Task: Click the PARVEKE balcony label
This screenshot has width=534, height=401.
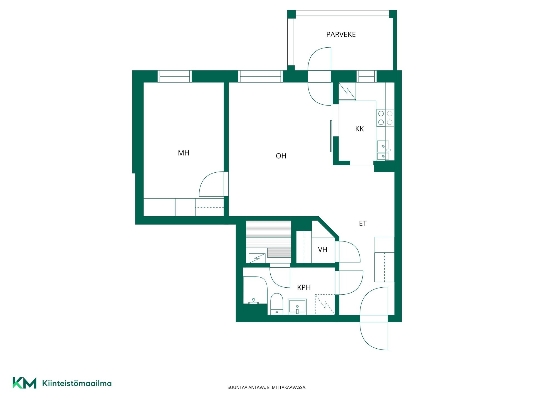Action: point(341,35)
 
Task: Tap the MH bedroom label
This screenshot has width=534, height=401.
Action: point(184,153)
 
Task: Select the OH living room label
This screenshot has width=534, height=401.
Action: point(281,156)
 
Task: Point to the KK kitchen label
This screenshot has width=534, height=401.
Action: point(359,129)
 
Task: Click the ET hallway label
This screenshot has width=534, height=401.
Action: point(363,223)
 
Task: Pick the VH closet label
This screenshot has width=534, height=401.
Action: point(322,250)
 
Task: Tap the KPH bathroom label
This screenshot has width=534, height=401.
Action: point(304,287)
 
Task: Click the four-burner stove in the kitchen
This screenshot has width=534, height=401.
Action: point(385,118)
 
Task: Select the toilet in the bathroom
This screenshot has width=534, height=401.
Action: point(277,304)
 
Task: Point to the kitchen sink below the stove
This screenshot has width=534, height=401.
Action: point(383,150)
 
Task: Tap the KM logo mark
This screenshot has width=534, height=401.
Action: point(24,383)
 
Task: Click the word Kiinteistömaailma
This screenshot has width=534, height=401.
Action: point(77,383)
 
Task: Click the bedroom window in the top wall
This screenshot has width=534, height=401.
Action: point(175,76)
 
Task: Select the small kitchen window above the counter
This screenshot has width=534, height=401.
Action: point(367,76)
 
